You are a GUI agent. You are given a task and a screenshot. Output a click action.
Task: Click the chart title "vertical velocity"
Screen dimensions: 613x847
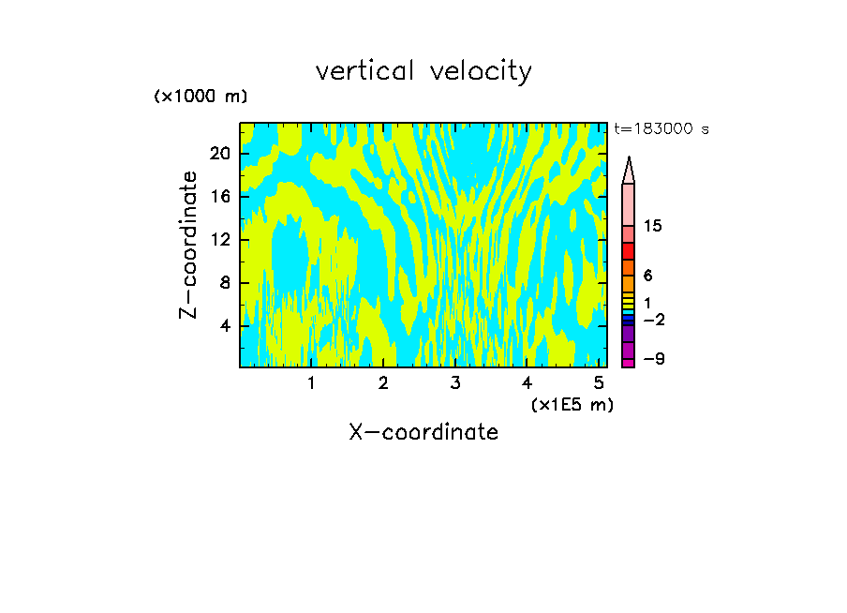[423, 71]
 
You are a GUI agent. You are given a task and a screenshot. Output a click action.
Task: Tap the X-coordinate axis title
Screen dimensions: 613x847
[423, 432]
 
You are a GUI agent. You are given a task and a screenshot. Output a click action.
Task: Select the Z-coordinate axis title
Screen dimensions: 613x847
[189, 245]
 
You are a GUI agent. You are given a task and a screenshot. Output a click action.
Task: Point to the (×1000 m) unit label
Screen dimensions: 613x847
[201, 97]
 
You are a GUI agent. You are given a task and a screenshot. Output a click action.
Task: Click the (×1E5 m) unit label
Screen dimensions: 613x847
[572, 405]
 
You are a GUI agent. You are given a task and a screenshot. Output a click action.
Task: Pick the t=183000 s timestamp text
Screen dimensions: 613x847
[661, 129]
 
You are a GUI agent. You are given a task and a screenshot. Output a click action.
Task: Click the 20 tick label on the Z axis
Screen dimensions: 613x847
[220, 154]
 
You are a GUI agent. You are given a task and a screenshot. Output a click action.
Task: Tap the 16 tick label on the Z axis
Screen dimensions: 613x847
[220, 197]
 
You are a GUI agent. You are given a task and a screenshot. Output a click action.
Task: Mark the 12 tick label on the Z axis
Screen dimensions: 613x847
[220, 240]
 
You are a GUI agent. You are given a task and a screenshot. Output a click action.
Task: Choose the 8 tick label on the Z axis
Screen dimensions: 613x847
[225, 283]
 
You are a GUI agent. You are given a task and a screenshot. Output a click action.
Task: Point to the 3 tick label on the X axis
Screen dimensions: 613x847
[455, 383]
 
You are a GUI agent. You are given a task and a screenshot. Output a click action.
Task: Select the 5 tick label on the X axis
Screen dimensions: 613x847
[599, 383]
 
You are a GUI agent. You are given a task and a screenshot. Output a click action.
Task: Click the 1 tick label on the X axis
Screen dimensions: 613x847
[311, 383]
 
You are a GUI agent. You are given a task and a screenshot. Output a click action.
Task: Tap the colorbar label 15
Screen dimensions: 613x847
[654, 226]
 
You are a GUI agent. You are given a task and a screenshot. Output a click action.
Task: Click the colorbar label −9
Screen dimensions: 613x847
[654, 359]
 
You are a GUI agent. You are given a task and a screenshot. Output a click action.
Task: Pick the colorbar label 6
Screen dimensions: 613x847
[648, 276]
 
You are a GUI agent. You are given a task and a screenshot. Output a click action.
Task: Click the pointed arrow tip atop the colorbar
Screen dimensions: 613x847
[629, 169]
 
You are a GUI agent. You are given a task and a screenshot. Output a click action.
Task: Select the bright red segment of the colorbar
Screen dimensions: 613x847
[629, 251]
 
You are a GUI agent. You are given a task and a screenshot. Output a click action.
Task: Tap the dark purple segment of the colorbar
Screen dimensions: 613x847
[629, 334]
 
